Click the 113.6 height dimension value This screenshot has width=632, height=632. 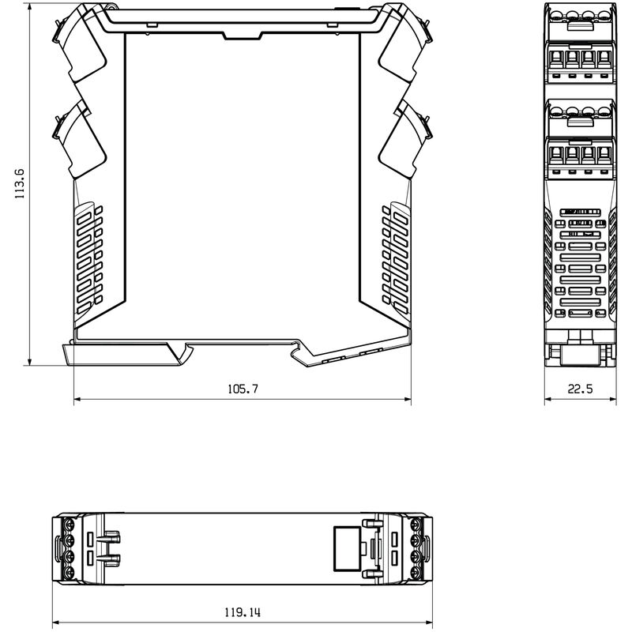click(21, 183)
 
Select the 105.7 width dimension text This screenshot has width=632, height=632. click(243, 389)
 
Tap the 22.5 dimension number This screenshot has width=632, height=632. click(580, 389)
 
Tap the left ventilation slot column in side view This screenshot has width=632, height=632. click(89, 254)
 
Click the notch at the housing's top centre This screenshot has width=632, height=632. click(243, 35)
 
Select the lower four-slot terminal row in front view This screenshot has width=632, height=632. click(580, 152)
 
